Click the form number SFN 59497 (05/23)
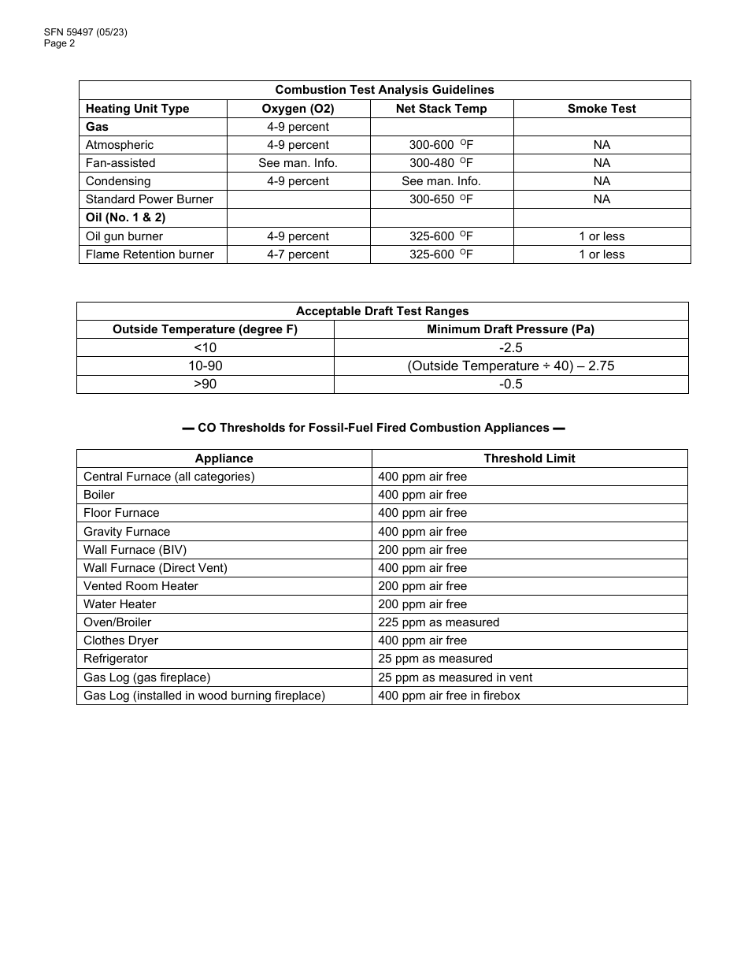86,32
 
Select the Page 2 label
60,43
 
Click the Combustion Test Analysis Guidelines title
384,90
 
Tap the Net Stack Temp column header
441,109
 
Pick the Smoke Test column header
602,109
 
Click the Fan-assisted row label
120,163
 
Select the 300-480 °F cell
441,163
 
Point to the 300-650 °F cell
441,199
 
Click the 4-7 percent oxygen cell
298,254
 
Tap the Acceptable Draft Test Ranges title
382,311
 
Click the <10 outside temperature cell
205,348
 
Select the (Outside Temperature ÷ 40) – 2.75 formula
510,366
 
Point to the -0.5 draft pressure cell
510,384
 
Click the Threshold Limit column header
529,459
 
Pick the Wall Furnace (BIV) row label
135,550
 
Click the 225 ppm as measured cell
439,622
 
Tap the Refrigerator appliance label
116,659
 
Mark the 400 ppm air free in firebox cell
449,696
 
